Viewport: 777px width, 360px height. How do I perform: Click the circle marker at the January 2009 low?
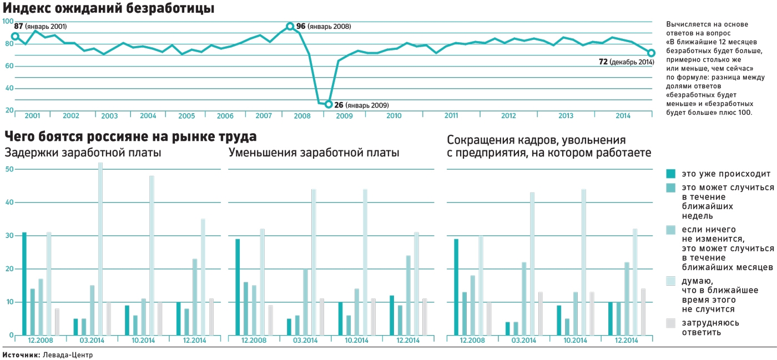[328, 104]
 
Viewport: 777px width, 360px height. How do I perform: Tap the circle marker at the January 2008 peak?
[290, 26]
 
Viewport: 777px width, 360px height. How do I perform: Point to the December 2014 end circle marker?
[652, 53]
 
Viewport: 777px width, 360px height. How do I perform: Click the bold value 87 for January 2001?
[18, 26]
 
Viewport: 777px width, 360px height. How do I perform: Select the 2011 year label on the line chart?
[451, 115]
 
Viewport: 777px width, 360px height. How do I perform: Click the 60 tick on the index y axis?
[9, 66]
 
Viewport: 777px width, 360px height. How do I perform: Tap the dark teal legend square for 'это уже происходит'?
[671, 173]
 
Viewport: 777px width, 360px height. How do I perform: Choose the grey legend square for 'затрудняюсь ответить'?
[671, 323]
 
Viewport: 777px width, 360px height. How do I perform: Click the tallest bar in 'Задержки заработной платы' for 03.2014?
[100, 249]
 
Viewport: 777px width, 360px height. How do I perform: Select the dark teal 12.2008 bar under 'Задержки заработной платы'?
[24, 283]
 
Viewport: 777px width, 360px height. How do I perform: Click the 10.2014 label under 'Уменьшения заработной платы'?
[357, 340]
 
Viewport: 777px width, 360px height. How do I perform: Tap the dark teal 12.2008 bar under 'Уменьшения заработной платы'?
[238, 287]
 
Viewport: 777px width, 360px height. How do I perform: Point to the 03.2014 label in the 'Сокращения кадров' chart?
[524, 340]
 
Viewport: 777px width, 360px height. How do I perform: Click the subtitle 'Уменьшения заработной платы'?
[314, 153]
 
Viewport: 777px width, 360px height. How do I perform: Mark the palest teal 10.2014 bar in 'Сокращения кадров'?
[584, 262]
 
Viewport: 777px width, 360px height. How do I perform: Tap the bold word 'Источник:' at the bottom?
[21, 354]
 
